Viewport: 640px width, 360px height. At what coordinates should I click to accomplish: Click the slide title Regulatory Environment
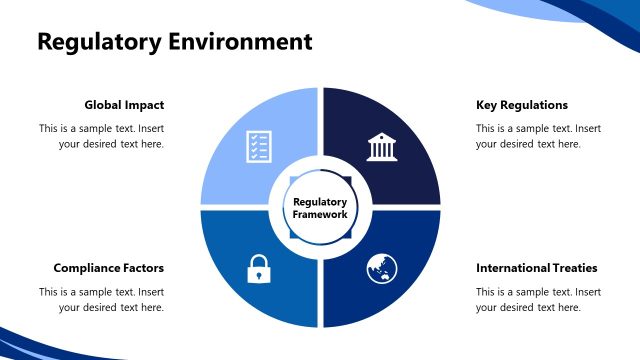174,42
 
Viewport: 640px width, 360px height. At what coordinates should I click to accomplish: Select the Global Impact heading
124,105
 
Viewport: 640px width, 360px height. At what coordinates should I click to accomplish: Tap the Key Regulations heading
521,105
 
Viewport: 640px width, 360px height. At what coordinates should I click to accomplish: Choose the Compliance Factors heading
108,268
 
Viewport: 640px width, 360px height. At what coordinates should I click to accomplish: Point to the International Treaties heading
536,268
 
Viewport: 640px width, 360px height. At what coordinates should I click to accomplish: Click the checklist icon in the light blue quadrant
259,146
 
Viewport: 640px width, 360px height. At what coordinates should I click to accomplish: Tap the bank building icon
381,146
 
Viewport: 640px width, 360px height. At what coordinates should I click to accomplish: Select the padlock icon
259,268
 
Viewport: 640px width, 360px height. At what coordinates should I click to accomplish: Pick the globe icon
381,268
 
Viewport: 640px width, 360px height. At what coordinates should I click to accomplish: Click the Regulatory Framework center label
320,208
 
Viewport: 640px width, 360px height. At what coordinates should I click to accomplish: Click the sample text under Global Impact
101,136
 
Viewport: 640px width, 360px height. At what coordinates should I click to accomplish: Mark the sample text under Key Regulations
538,136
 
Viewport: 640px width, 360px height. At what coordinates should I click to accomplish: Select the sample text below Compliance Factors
101,299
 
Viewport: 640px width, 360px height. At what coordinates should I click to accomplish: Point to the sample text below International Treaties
538,299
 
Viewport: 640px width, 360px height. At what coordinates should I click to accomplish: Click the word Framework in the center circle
320,214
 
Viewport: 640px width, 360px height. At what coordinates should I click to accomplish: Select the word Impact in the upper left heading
145,105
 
